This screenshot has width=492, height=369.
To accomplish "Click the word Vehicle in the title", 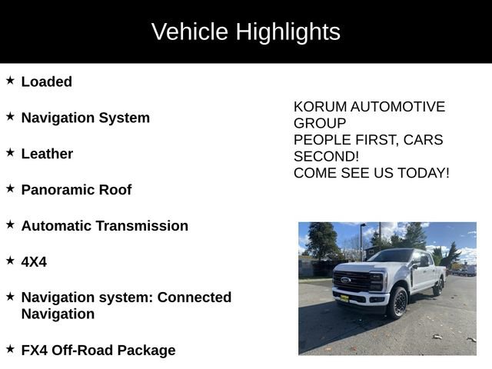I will (x=190, y=32).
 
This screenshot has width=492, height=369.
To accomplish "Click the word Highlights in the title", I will (x=288, y=32).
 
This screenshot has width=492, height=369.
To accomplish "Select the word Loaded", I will (x=47, y=81).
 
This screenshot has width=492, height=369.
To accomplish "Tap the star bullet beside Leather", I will (x=10, y=152).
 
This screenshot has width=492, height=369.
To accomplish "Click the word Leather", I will (x=47, y=154).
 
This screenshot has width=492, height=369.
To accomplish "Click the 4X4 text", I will (x=34, y=262).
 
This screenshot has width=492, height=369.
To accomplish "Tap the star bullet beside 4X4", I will (x=10, y=260).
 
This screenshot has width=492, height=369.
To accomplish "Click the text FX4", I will (x=35, y=351).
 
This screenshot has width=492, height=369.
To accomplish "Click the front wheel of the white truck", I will (x=397, y=303).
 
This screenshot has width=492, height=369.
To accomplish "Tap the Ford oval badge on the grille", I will (x=346, y=279).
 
